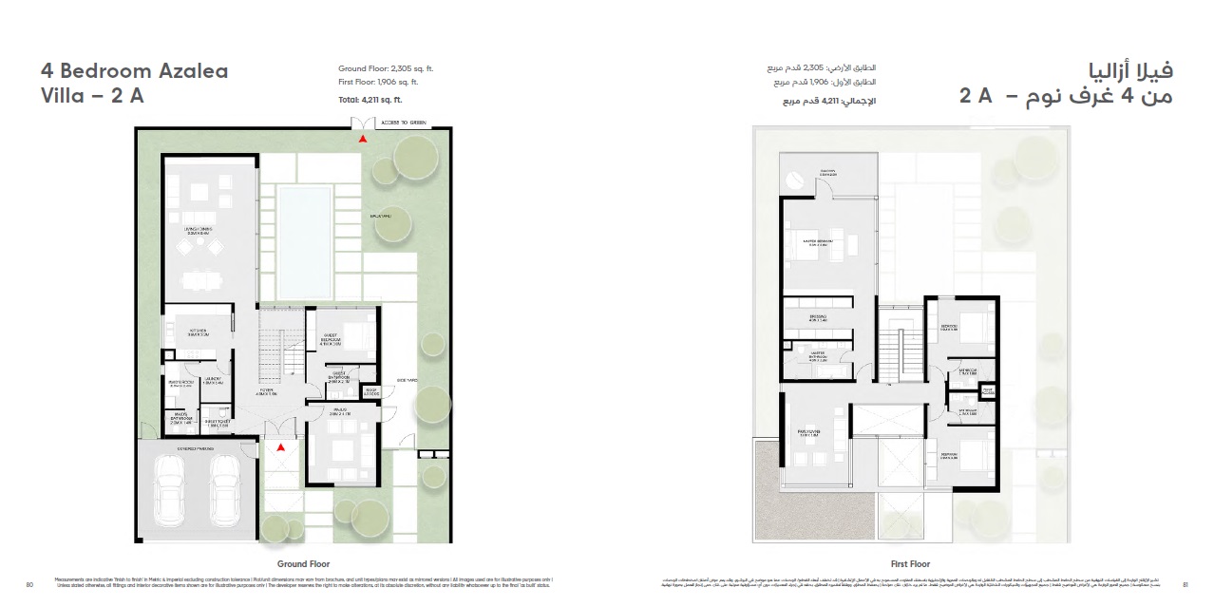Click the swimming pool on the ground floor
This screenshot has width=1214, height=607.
point(304,240)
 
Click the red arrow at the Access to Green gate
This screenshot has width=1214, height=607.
point(361,139)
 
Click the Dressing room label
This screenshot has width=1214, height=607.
point(818,318)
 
